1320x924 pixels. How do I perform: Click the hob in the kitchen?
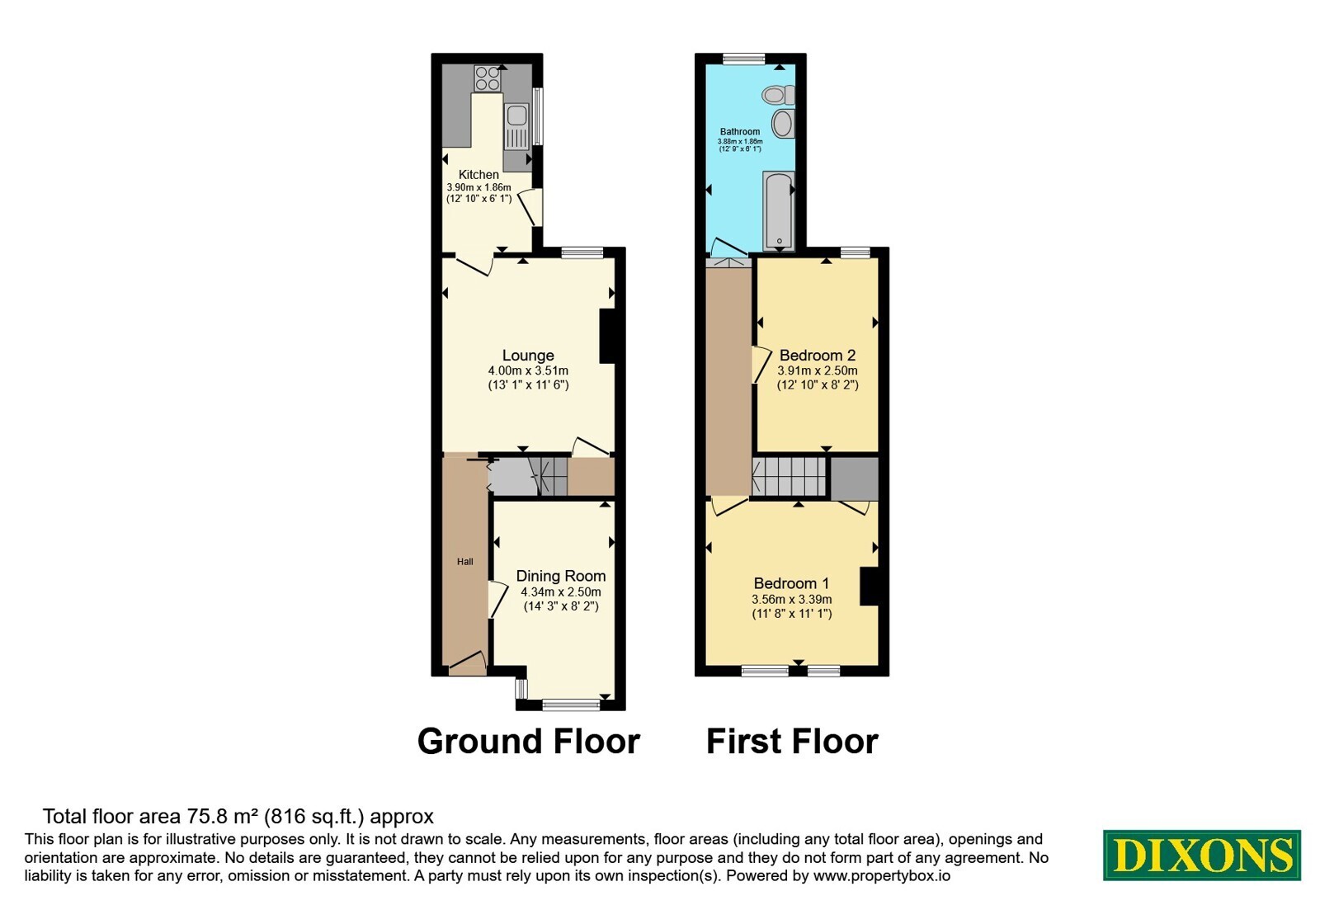(x=488, y=78)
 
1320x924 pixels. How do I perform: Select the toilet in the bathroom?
(x=778, y=95)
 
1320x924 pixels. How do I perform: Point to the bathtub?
(x=779, y=210)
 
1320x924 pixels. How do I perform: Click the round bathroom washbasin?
(x=783, y=124)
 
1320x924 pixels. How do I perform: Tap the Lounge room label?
(x=528, y=356)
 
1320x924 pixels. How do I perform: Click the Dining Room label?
(x=561, y=576)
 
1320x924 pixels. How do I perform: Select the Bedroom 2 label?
(x=818, y=356)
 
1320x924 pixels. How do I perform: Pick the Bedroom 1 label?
(x=791, y=583)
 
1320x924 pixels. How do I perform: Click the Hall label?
(x=465, y=562)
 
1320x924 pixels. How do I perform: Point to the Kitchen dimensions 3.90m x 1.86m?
(x=478, y=186)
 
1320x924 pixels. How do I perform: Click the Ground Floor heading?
(x=529, y=741)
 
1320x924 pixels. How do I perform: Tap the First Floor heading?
(x=792, y=741)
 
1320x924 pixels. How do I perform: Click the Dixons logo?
(x=1201, y=855)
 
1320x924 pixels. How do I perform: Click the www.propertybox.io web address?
(x=882, y=875)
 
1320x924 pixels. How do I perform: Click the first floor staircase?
(x=789, y=478)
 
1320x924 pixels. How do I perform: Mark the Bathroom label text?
(x=740, y=131)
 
